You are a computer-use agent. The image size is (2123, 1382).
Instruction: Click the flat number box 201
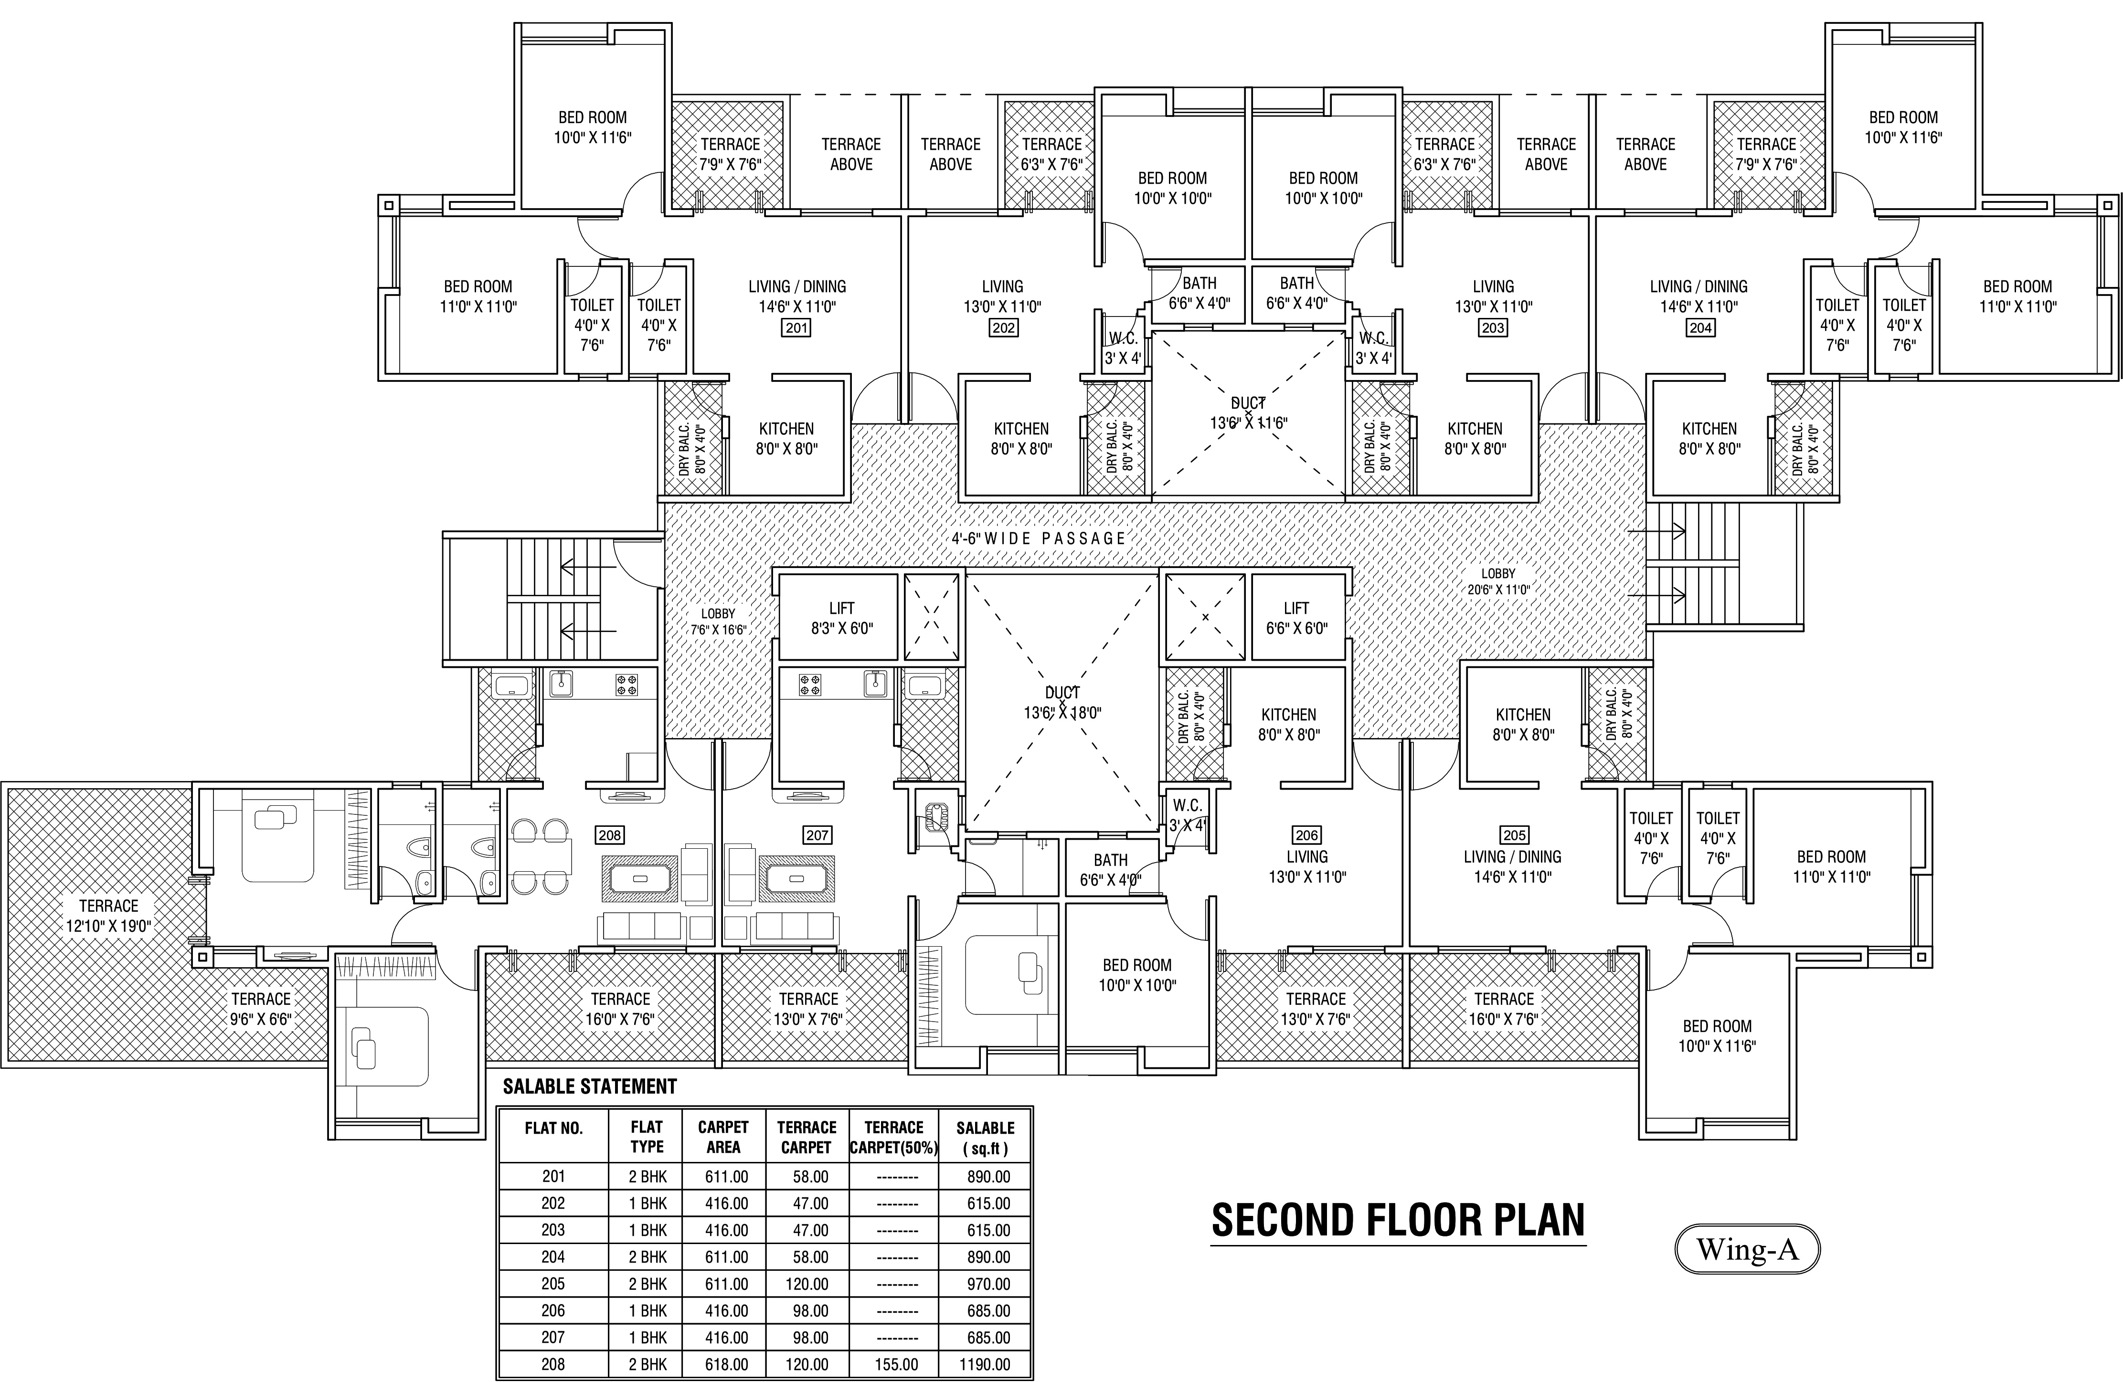coord(796,328)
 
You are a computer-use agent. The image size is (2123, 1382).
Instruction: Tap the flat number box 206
coord(1307,835)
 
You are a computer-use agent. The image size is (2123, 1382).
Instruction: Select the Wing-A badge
coord(1747,1249)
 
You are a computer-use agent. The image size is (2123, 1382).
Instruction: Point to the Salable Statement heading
coord(590,1087)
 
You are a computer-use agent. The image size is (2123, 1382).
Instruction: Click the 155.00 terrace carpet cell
coord(896,1364)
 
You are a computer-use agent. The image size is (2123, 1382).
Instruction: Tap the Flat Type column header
coord(647,1137)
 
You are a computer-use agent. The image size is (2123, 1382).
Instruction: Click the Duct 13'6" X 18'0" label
coord(1062,703)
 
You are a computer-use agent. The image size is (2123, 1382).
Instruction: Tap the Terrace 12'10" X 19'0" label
coord(109,916)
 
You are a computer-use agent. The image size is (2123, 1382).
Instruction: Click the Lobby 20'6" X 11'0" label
coord(1498,581)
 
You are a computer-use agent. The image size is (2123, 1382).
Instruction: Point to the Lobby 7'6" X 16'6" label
coord(718,622)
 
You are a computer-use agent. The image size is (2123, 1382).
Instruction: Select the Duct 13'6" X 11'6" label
coord(1248,413)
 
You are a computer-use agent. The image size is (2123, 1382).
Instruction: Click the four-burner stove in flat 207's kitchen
coord(810,685)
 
